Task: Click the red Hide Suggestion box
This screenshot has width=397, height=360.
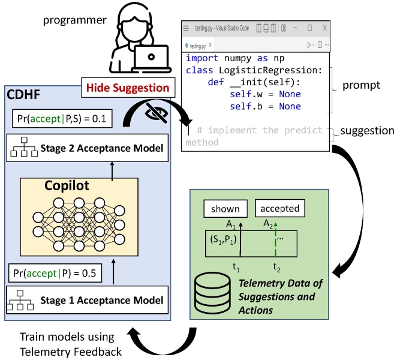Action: tap(128, 88)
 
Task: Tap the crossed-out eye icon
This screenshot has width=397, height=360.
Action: tap(157, 113)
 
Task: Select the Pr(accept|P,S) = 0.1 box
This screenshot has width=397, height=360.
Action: tap(62, 118)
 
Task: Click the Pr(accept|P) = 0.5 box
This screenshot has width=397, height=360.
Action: tap(55, 273)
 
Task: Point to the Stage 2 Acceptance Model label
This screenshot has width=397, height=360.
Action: tap(102, 148)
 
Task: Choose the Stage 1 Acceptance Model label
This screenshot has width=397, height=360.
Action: tap(102, 300)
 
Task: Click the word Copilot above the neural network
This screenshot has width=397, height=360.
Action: tap(67, 186)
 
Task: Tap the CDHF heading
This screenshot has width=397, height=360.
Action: tap(23, 94)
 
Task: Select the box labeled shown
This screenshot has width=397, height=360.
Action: tap(225, 209)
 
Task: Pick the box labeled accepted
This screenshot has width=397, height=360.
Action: tap(280, 208)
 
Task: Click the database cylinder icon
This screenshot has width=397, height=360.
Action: tap(212, 293)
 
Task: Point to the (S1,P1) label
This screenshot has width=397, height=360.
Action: tap(223, 239)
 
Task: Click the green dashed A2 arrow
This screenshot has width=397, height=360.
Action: tap(275, 239)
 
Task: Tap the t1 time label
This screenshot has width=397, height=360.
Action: tap(236, 267)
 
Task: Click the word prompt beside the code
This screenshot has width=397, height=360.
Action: tap(361, 85)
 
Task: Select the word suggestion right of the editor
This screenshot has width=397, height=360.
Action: tap(367, 131)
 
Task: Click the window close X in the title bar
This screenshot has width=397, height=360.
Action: tap(325, 28)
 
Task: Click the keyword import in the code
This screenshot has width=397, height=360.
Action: tap(201, 58)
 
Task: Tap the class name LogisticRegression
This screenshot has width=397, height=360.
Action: tap(270, 70)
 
